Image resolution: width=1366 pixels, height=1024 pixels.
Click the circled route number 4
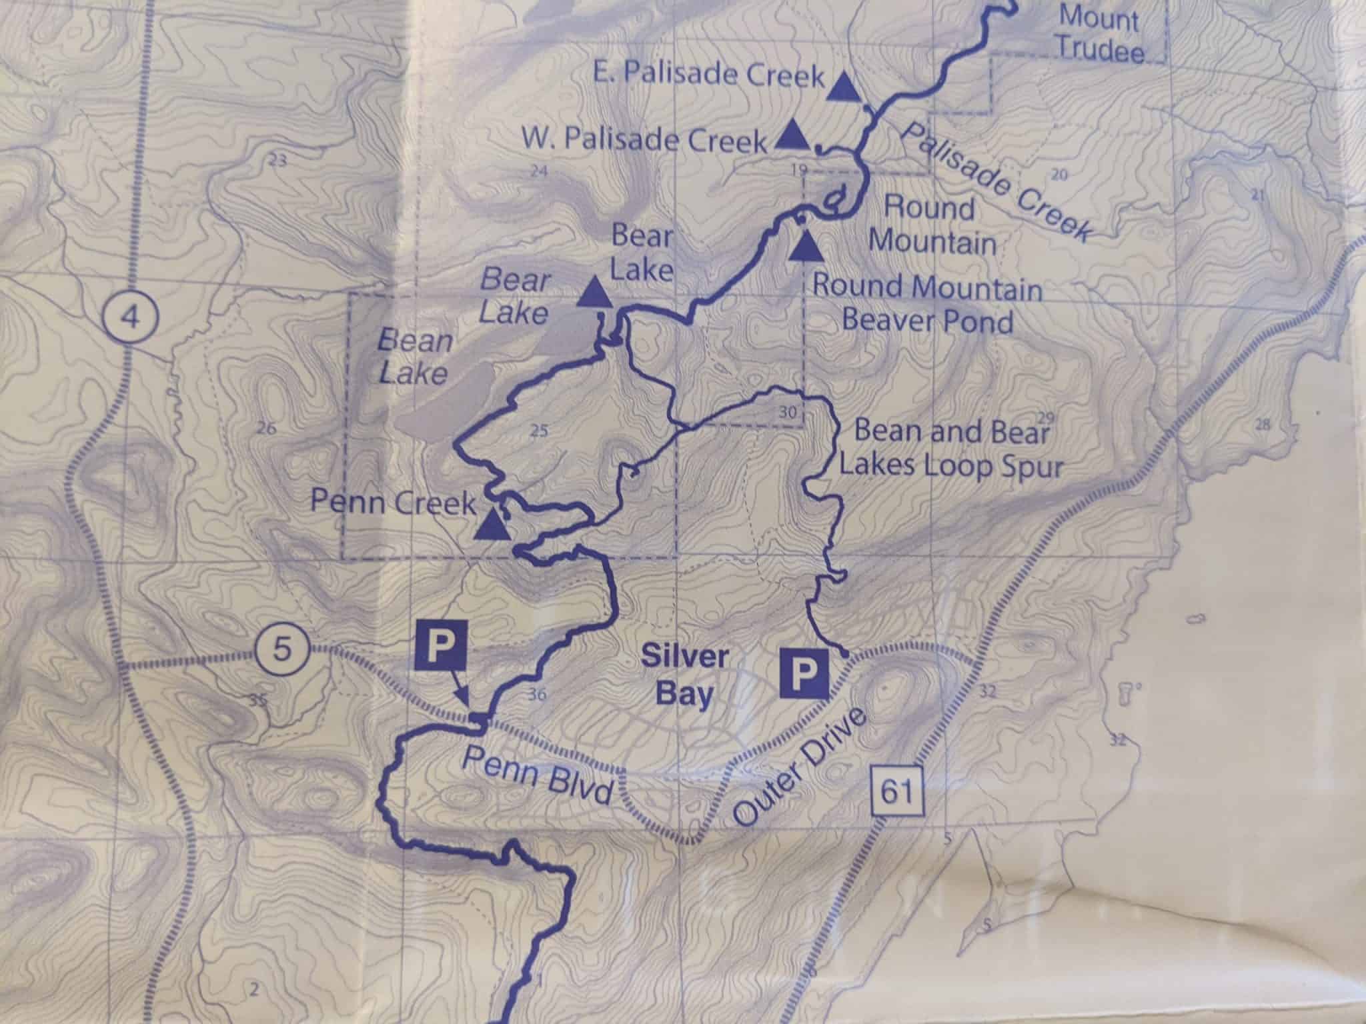(131, 318)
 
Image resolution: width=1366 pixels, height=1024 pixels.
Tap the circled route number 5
(282, 648)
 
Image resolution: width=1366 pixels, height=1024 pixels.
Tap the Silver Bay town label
(684, 675)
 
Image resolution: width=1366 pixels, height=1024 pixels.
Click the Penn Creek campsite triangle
(493, 524)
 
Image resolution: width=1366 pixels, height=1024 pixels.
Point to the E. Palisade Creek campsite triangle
(842, 87)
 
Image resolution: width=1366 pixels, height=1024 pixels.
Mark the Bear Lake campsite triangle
(594, 293)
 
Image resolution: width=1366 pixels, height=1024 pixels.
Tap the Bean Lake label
(414, 358)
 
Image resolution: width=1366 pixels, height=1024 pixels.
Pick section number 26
(265, 427)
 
